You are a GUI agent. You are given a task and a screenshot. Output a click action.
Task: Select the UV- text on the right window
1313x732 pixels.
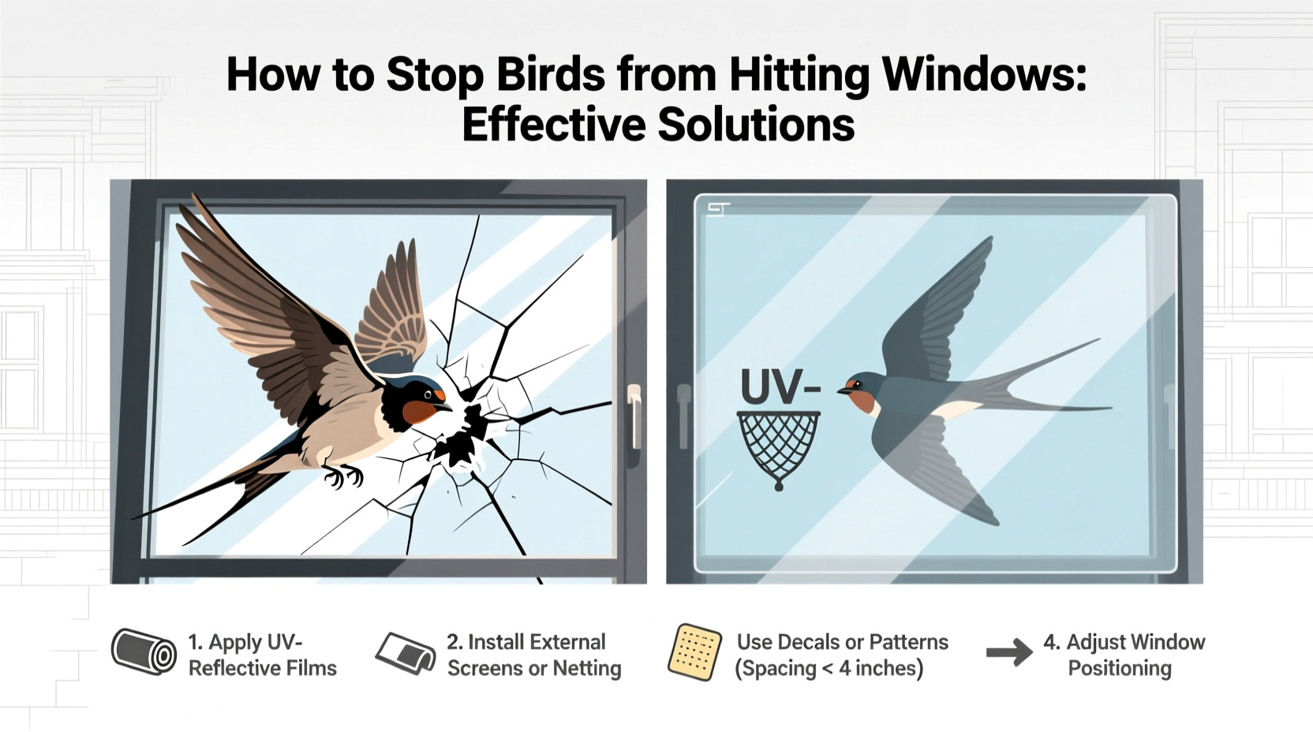pyautogui.click(x=780, y=387)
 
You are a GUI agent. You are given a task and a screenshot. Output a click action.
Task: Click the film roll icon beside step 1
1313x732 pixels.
pyautogui.click(x=144, y=652)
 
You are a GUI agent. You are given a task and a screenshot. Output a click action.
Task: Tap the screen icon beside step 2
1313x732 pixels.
pyautogui.click(x=406, y=652)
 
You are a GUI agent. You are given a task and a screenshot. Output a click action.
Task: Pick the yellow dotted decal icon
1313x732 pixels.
pyautogui.click(x=694, y=652)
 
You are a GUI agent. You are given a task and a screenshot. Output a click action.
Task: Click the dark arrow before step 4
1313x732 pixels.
pyautogui.click(x=1009, y=652)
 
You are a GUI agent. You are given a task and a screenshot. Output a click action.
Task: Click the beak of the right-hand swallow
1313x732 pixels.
pyautogui.click(x=843, y=389)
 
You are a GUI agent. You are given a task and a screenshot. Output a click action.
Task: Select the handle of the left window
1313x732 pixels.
pyautogui.click(x=633, y=416)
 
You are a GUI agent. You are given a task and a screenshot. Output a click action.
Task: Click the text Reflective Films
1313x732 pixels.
pyautogui.click(x=262, y=668)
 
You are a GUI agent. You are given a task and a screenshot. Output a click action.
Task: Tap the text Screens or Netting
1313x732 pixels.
pyautogui.click(x=534, y=668)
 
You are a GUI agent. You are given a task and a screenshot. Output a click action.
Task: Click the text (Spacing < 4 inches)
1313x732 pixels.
pyautogui.click(x=829, y=668)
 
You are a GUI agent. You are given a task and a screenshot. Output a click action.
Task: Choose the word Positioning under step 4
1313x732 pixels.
pyautogui.click(x=1119, y=668)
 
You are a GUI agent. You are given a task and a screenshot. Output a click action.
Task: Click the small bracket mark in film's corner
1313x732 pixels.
pyautogui.click(x=718, y=208)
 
